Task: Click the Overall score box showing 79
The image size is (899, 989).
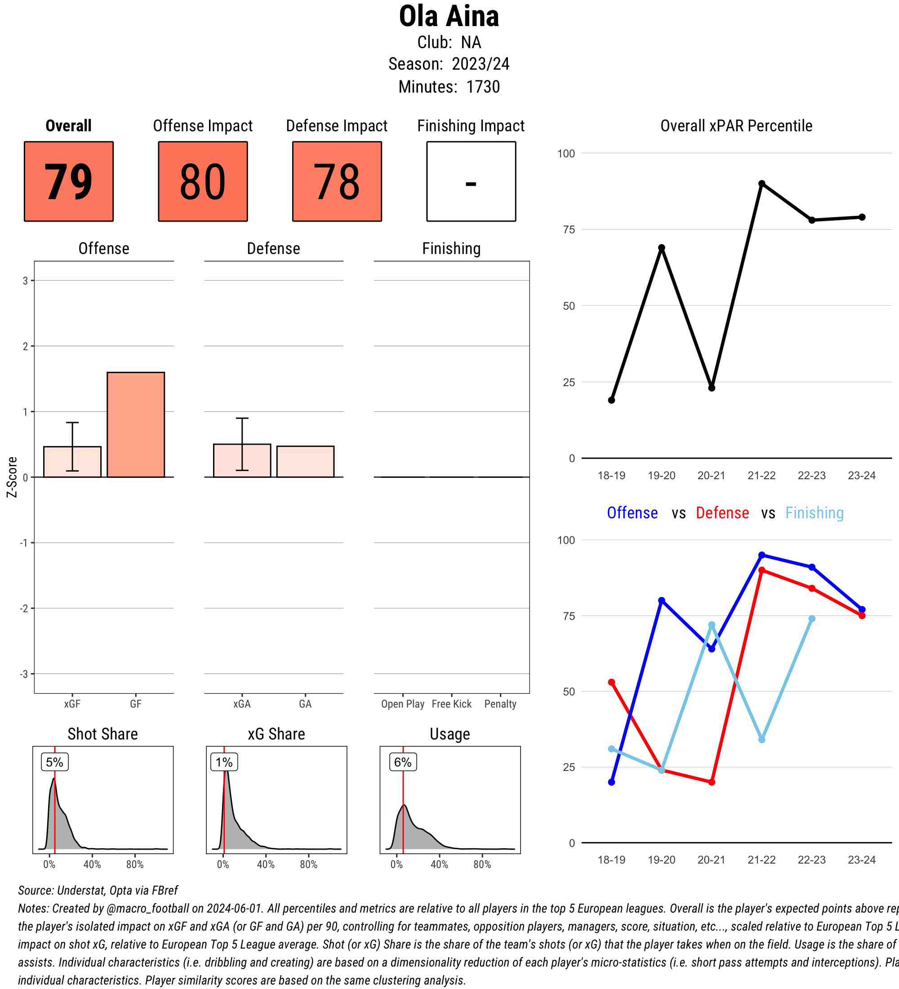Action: [x=69, y=182]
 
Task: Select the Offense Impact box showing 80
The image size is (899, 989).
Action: [x=203, y=182]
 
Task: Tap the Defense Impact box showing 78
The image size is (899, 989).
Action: [x=337, y=182]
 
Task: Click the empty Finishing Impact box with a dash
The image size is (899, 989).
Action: [x=471, y=182]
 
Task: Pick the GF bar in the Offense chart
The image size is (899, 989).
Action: [x=136, y=424]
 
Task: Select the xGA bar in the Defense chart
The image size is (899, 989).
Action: [x=242, y=460]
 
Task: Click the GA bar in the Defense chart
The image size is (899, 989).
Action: [x=305, y=461]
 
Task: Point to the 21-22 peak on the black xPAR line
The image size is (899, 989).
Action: [x=761, y=183]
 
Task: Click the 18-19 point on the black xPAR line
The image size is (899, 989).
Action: [x=612, y=400]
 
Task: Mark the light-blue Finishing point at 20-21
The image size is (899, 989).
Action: [x=712, y=625]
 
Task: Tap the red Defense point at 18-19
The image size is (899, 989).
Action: [x=612, y=682]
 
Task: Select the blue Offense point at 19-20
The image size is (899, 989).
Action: [x=662, y=601]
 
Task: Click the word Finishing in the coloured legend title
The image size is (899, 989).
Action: [x=814, y=512]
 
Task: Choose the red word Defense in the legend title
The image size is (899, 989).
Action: [x=722, y=512]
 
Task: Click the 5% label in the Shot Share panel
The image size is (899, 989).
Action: [x=54, y=762]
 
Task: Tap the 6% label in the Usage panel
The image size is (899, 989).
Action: [x=403, y=762]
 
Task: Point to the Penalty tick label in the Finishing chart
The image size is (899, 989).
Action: [x=500, y=704]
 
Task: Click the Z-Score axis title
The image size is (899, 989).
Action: [x=12, y=477]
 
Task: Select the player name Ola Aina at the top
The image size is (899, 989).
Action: [x=449, y=17]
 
